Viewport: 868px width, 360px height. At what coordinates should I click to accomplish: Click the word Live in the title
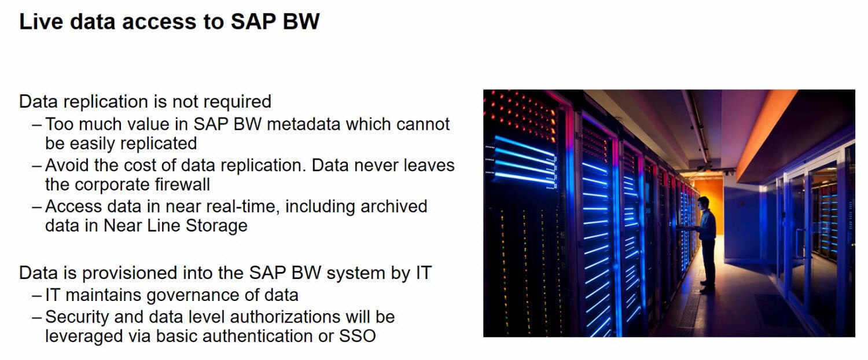point(40,21)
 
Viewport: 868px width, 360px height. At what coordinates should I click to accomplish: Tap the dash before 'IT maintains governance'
point(37,295)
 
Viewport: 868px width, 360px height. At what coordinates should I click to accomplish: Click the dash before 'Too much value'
point(37,124)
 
